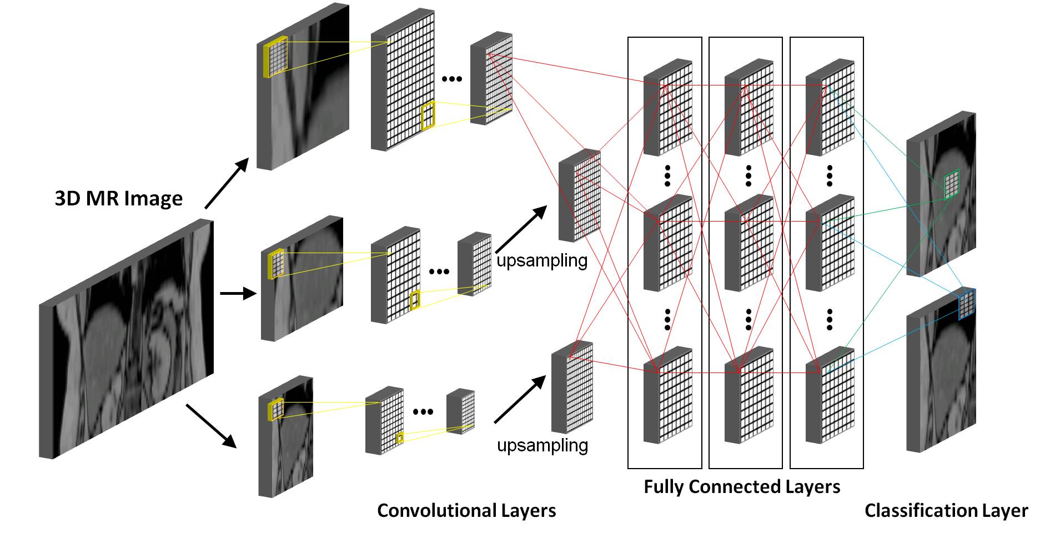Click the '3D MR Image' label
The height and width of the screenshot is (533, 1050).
tap(118, 198)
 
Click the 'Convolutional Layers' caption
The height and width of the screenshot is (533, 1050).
tap(466, 510)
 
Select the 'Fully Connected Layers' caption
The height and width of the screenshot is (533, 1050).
tap(741, 486)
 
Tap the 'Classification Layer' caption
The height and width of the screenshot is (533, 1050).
tap(946, 510)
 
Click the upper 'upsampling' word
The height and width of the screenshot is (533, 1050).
tap(542, 260)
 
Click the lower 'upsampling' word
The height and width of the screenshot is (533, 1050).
tap(542, 445)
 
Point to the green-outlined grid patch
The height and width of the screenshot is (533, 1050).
tap(952, 184)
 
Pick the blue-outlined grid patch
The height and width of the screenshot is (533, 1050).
tap(967, 305)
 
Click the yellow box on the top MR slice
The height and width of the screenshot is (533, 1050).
tap(276, 56)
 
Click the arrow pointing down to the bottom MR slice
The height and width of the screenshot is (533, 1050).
tap(211, 425)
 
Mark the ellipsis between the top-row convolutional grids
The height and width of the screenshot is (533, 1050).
tap(451, 79)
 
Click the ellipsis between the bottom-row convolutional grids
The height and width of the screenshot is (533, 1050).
tap(423, 411)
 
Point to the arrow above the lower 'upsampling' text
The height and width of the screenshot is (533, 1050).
tap(519, 399)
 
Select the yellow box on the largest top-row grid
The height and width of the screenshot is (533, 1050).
tap(428, 116)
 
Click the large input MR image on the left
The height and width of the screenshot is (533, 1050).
tap(127, 339)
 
